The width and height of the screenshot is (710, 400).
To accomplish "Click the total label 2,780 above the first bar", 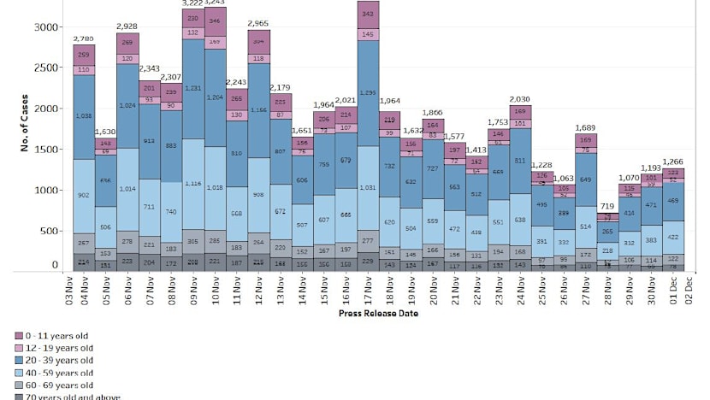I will click(83, 38).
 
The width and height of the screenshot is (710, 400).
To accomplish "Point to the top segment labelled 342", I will click(369, 15).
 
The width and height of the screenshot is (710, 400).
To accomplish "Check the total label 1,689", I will click(586, 127).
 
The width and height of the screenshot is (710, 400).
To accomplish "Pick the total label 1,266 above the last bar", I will click(673, 162).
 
